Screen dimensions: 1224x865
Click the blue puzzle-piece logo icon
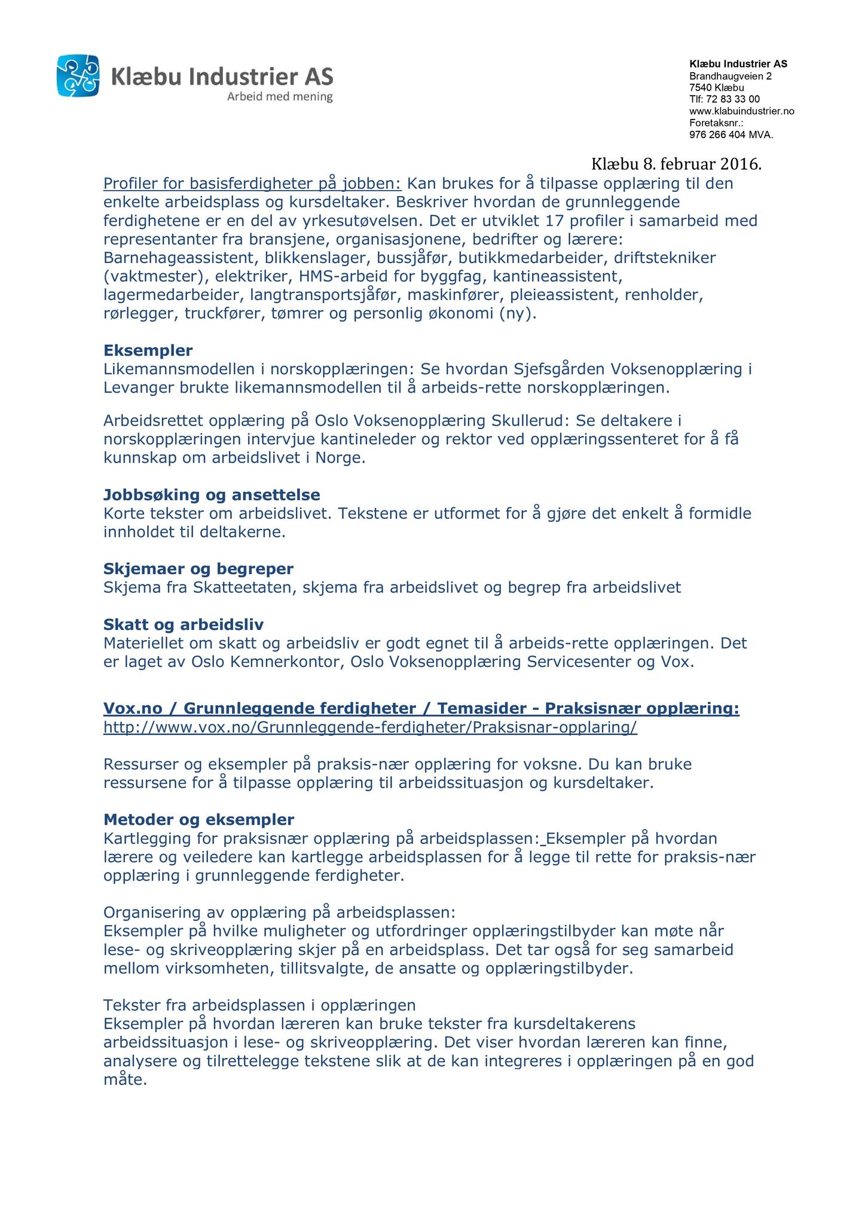point(78,75)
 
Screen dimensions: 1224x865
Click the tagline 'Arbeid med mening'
point(280,97)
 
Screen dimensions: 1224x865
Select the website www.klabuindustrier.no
point(742,111)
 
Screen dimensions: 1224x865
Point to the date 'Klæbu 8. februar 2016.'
point(676,164)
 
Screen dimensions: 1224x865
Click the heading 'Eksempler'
point(148,350)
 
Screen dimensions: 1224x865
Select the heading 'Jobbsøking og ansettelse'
point(212,495)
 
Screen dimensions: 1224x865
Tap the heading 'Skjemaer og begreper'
point(198,568)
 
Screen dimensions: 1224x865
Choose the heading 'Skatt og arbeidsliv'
point(184,625)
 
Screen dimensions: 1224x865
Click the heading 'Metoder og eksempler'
point(199,819)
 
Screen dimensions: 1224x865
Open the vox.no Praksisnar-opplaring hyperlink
point(370,727)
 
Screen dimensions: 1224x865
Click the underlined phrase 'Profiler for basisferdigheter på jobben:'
point(252,183)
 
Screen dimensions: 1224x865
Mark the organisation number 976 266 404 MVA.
point(731,135)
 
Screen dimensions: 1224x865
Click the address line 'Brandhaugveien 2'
point(730,76)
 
